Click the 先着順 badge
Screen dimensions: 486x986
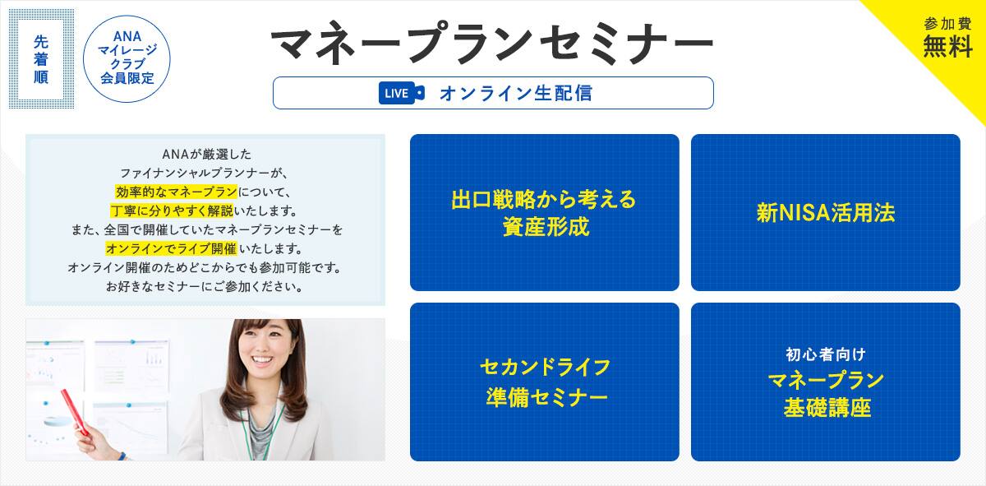41,59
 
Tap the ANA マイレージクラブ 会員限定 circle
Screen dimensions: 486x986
127,58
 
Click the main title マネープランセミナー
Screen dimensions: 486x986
491,43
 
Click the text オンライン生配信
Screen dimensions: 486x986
515,93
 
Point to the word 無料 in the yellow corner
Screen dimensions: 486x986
947,48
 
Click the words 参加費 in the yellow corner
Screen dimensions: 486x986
947,23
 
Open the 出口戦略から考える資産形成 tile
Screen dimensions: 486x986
544,212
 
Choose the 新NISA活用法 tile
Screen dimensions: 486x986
825,212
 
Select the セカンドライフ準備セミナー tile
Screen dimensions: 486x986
544,382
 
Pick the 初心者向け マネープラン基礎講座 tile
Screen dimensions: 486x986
825,382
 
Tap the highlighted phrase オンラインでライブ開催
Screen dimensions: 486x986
171,248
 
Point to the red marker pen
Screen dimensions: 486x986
73,413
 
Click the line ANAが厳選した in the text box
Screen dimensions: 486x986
205,154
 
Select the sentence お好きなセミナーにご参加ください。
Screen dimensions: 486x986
205,287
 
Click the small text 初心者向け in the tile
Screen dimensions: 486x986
825,354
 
